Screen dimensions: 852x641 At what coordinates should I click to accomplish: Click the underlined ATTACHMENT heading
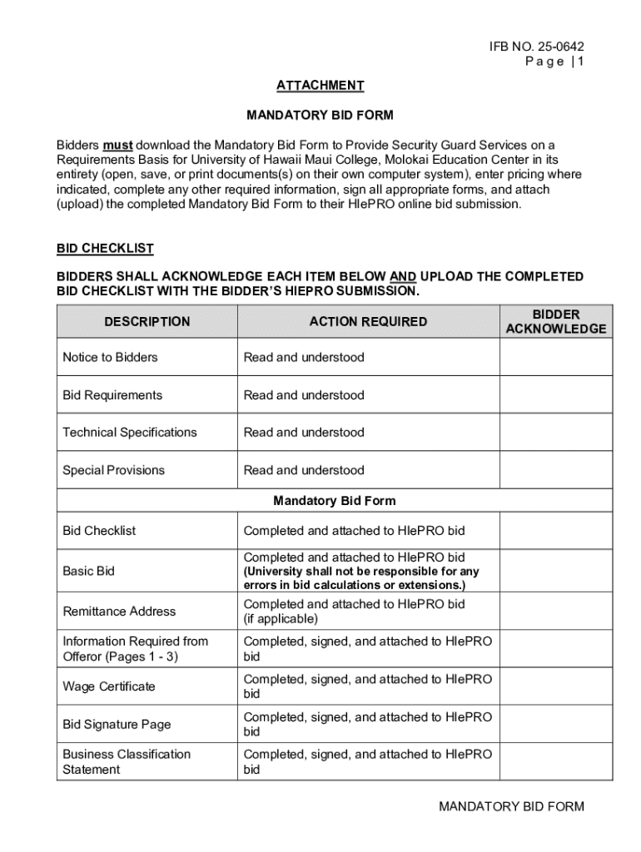click(320, 85)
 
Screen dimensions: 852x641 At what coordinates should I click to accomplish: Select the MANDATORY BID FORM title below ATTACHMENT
click(320, 115)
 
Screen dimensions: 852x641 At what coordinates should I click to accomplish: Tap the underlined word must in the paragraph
click(117, 145)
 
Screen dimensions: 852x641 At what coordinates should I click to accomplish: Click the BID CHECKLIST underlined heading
click(105, 248)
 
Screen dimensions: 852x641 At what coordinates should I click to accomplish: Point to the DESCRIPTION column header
click(147, 321)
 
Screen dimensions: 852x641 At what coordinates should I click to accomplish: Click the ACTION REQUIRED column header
click(368, 321)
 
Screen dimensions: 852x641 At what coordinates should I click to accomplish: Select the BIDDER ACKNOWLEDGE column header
click(556, 322)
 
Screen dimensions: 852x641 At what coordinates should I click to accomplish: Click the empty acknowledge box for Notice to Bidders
click(556, 358)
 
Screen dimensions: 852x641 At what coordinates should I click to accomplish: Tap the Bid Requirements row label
click(112, 395)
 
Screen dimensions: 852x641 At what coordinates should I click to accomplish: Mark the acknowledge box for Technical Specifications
click(556, 433)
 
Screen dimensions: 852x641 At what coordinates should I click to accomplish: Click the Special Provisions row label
click(113, 470)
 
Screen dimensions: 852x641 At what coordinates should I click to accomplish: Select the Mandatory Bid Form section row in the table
click(334, 501)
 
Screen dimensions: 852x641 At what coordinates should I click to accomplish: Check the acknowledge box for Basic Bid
click(556, 572)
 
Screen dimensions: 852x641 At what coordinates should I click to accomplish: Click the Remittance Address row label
click(119, 612)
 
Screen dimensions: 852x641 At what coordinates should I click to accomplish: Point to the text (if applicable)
click(281, 619)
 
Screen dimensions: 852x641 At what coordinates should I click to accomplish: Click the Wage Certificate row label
click(108, 686)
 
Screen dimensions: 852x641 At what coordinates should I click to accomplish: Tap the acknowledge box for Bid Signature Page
click(556, 725)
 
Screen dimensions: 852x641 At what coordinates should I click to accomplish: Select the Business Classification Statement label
click(127, 761)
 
